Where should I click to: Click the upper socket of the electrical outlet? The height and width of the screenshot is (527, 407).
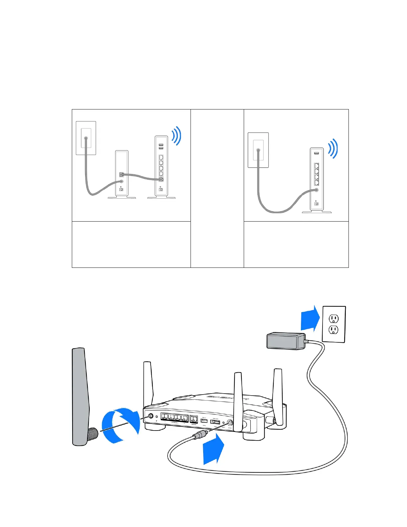tap(334, 319)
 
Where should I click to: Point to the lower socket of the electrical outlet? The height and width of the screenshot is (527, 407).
tap(334, 330)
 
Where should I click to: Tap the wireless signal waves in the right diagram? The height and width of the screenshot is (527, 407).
tap(333, 148)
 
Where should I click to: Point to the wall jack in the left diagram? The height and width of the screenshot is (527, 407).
tap(86, 138)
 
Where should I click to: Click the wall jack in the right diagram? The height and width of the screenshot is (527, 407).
tap(258, 150)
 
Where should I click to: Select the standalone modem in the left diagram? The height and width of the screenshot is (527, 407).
tap(121, 174)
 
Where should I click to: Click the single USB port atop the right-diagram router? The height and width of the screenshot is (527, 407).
tap(316, 153)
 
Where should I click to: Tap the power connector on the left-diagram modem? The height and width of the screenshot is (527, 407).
tap(121, 189)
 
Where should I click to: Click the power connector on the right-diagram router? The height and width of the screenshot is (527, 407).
tap(316, 203)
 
